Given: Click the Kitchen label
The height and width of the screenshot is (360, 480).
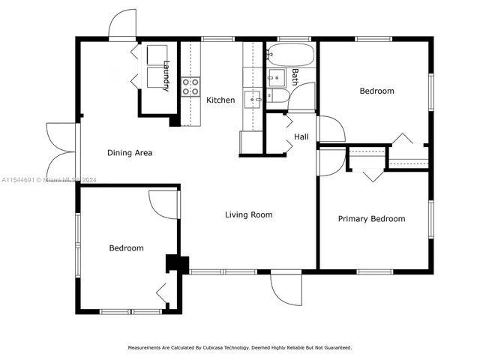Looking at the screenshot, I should click(x=220, y=100).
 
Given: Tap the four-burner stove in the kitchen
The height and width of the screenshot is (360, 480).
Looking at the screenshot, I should click(x=190, y=86).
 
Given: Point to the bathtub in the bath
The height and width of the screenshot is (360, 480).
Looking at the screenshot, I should click(x=290, y=55).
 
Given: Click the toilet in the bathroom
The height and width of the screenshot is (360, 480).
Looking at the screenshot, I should click(x=278, y=95).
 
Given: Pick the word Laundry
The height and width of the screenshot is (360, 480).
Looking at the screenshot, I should click(x=166, y=76).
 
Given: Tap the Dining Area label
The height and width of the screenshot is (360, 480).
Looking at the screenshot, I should click(x=130, y=153).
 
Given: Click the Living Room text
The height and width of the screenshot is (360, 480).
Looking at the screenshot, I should click(x=248, y=214).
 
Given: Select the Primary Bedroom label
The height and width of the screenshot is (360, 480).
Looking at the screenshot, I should click(x=371, y=219).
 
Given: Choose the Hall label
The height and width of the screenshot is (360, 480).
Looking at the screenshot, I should click(x=301, y=137).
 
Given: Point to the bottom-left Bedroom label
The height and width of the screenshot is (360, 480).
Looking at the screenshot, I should click(x=126, y=247).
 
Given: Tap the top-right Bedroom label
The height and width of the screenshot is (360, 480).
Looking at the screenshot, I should click(x=376, y=91).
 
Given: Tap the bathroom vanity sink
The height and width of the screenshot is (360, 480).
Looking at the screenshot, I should click(x=275, y=76).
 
